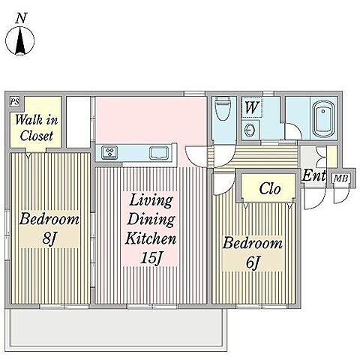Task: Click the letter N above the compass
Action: (21, 19)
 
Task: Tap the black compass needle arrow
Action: (20, 40)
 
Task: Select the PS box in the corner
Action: (14, 102)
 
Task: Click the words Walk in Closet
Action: (37, 127)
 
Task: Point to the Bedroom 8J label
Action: (49, 228)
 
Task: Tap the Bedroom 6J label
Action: (253, 253)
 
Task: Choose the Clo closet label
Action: (270, 188)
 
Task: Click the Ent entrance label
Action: (314, 175)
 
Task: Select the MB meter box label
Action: (341, 178)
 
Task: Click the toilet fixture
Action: (223, 109)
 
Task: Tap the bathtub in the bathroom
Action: (324, 118)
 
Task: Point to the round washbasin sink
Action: (250, 129)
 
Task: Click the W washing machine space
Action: (251, 107)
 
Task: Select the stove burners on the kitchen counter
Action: (109, 152)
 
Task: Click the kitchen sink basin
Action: (159, 153)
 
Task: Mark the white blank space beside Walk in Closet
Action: (78, 122)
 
